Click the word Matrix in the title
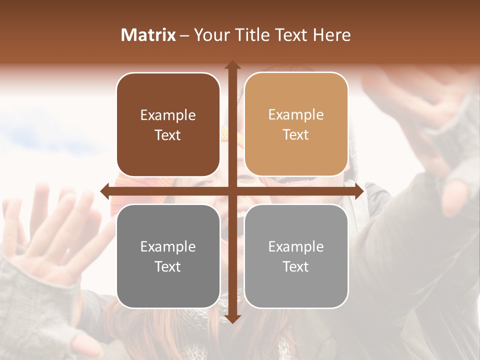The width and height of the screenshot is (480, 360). (148, 35)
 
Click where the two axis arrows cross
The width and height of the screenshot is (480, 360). (232, 191)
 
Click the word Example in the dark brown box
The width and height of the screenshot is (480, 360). (168, 115)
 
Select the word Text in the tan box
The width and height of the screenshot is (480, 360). (296, 135)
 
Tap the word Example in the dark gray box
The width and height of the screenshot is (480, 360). (168, 247)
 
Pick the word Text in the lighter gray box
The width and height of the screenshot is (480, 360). (296, 266)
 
